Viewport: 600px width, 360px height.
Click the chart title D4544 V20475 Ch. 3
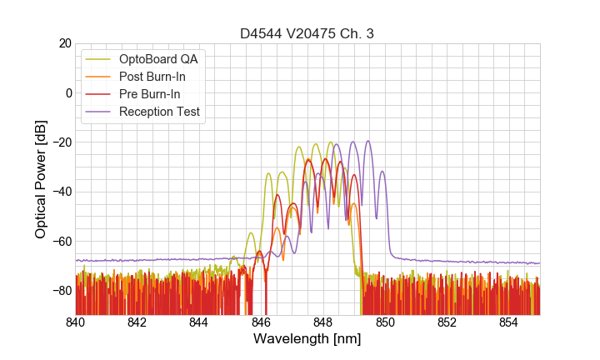(x=307, y=34)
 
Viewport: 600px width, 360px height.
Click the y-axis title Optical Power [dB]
(x=41, y=179)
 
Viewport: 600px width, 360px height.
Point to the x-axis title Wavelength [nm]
(x=307, y=339)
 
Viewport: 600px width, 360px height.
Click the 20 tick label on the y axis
(x=64, y=43)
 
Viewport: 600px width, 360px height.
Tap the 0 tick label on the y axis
(x=68, y=92)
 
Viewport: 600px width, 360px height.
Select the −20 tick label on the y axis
(x=60, y=142)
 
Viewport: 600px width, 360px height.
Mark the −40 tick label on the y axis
(x=60, y=192)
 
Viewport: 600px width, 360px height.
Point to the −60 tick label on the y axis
(x=60, y=241)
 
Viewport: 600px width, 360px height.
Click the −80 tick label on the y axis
(x=60, y=291)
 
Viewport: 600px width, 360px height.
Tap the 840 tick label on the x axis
(x=76, y=322)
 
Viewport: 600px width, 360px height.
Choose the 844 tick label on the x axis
(x=199, y=322)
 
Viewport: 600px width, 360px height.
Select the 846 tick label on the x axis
(x=261, y=322)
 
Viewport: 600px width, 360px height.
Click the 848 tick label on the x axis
(x=323, y=322)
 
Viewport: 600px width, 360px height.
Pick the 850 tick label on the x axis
(x=385, y=322)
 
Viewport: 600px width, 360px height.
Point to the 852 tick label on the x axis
(x=447, y=322)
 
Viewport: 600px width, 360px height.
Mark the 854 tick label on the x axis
(x=509, y=322)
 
